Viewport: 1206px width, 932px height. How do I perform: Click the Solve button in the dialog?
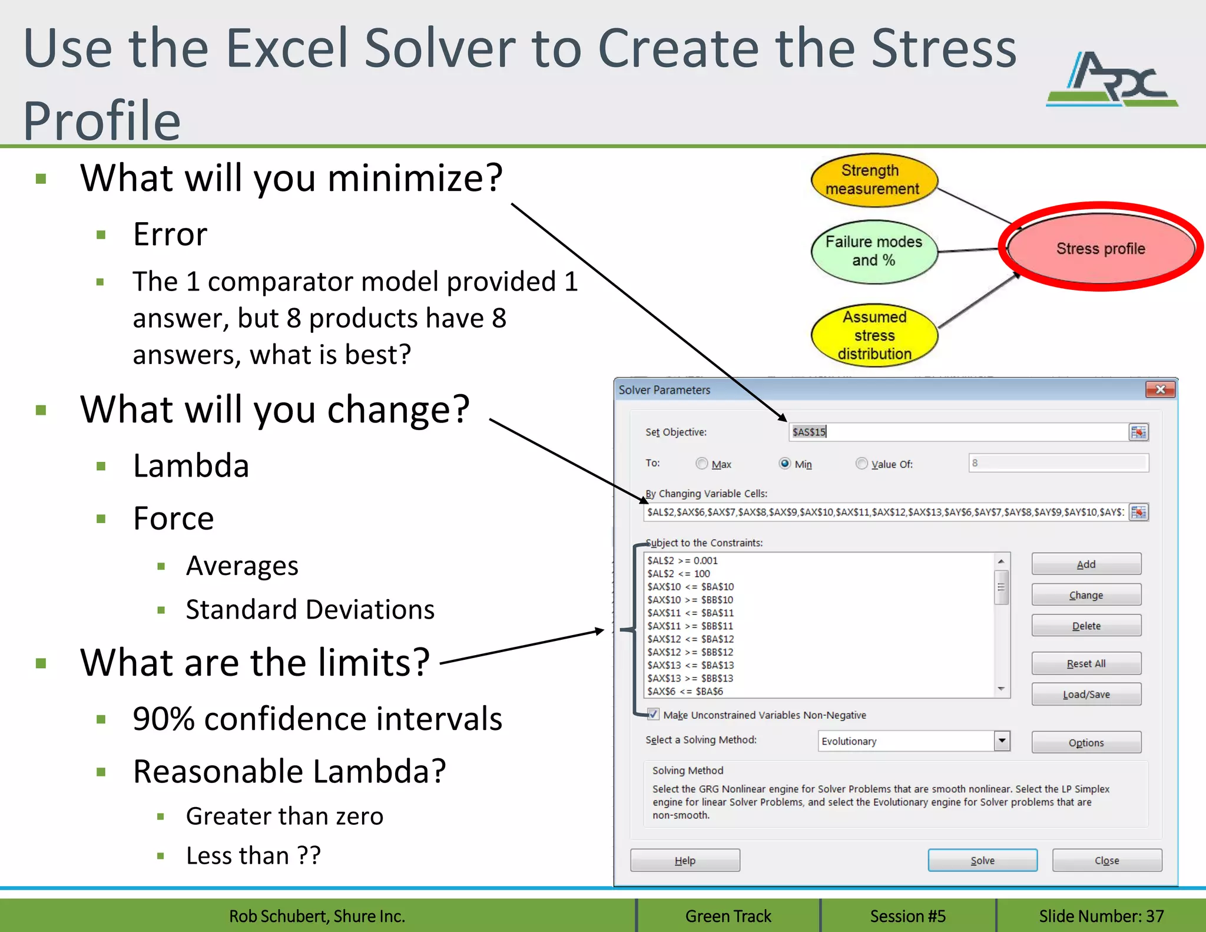coord(982,860)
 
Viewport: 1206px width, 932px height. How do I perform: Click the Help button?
coord(685,860)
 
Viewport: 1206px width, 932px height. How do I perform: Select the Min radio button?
coord(784,464)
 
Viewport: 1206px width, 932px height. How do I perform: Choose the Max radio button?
coord(701,464)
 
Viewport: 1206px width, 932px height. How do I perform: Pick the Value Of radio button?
coord(862,464)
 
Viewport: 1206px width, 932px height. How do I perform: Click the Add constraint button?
coord(1086,564)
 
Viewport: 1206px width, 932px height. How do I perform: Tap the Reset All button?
coord(1086,663)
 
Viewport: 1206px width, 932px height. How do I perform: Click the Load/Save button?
coord(1086,694)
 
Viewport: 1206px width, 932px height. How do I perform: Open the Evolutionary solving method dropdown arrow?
coord(1002,741)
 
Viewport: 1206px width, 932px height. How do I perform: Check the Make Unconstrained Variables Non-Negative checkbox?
coord(653,715)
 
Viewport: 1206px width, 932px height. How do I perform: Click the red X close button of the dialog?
coord(1160,389)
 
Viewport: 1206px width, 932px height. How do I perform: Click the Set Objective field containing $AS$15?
coord(957,432)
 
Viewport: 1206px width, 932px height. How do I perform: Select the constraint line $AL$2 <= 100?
coord(678,573)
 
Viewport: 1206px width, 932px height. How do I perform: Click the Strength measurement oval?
coord(873,180)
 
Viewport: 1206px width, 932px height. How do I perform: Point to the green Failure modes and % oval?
coord(873,251)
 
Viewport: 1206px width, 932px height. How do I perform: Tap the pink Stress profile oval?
coord(1100,248)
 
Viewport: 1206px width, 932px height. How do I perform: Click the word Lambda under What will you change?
coord(191,465)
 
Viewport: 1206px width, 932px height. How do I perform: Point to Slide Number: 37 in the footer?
coord(1101,916)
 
